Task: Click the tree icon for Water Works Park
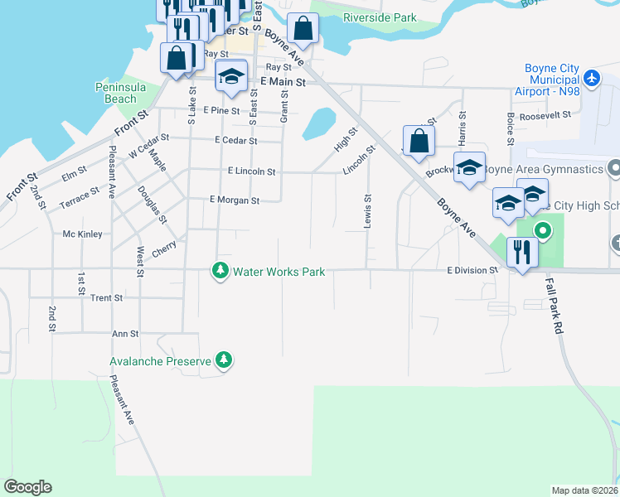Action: pyautogui.click(x=220, y=271)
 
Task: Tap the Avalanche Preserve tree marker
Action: pyautogui.click(x=223, y=360)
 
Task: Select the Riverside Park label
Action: pyautogui.click(x=379, y=17)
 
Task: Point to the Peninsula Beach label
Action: pyautogui.click(x=115, y=93)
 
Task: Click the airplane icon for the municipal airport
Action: pyautogui.click(x=591, y=78)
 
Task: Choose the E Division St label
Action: pyautogui.click(x=472, y=270)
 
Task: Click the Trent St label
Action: pyautogui.click(x=106, y=297)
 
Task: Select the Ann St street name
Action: pyautogui.click(x=124, y=333)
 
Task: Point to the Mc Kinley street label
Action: pyautogui.click(x=82, y=234)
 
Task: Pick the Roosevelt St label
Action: pyautogui.click(x=545, y=117)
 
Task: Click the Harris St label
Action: pyautogui.click(x=462, y=128)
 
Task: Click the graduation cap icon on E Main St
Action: pyautogui.click(x=231, y=76)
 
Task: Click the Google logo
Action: pyautogui.click(x=27, y=487)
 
